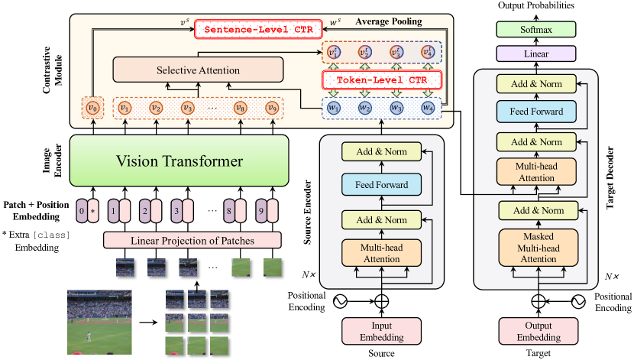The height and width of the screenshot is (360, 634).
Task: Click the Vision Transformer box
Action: pos(180,161)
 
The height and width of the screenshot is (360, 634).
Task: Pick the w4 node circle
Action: pos(428,108)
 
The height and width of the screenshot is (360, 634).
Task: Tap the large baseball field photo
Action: pos(98,316)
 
